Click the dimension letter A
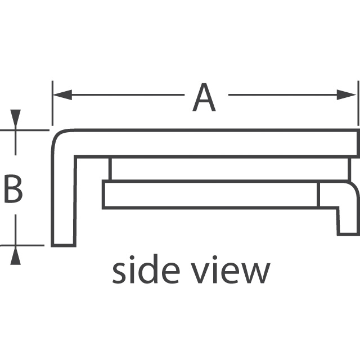(204, 97)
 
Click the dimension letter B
(13, 189)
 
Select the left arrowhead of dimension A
(62, 95)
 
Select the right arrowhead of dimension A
(346, 95)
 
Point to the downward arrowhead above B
(15, 118)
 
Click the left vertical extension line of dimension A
(52, 103)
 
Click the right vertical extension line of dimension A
(358, 103)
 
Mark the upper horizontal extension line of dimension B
(25, 130)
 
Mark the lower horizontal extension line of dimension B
(22, 245)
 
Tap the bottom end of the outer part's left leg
(64, 245)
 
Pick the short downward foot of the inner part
(348, 222)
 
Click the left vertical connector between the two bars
(110, 169)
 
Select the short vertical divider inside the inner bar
(318, 195)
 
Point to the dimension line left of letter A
(119, 95)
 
